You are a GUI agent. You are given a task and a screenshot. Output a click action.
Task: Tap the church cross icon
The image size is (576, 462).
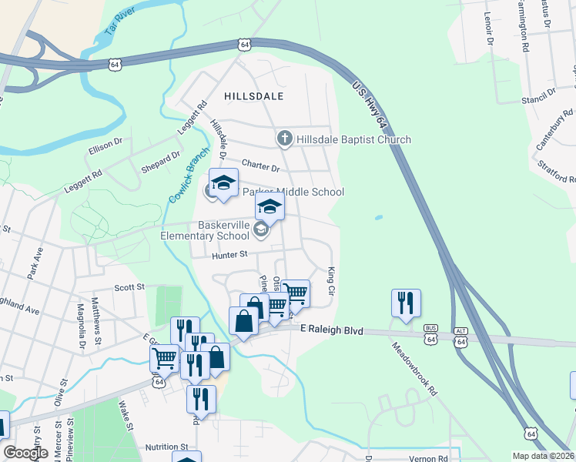point(284,139)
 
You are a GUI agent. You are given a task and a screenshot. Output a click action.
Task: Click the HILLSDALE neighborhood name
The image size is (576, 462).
point(254,96)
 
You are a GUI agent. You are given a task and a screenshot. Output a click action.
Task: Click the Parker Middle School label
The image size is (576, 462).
point(293,192)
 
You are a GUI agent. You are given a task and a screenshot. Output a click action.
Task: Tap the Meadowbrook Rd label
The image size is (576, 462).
point(416,369)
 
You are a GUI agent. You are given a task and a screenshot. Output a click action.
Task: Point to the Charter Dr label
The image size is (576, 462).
point(260,166)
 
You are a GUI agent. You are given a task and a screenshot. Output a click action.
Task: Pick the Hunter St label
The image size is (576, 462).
point(230,254)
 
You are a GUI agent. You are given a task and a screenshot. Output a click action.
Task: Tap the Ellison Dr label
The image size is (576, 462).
point(106,144)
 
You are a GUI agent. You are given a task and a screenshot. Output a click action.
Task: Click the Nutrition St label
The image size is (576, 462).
point(167,447)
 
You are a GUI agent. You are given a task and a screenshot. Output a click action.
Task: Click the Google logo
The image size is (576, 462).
point(25,453)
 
